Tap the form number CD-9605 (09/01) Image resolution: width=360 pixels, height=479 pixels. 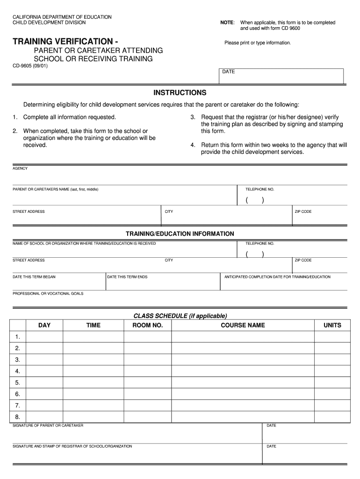pyautogui.click(x=30, y=66)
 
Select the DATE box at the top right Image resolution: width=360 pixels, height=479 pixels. pyautogui.click(x=281, y=76)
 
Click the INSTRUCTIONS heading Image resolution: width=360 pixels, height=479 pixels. pyautogui.click(x=180, y=93)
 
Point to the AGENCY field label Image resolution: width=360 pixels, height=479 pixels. pyautogui.click(x=20, y=168)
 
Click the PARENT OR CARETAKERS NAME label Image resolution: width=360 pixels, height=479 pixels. pyautogui.click(x=55, y=189)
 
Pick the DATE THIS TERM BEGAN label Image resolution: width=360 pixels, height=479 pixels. pyautogui.click(x=34, y=277)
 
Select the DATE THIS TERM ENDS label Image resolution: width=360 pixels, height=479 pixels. pyautogui.click(x=127, y=277)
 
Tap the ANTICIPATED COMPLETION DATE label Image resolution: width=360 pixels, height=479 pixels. pyautogui.click(x=277, y=277)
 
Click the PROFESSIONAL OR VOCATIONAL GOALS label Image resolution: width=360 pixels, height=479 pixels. pyautogui.click(x=48, y=293)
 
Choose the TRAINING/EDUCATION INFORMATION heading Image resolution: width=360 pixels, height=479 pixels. pyautogui.click(x=180, y=233)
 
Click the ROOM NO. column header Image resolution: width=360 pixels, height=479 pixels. pyautogui.click(x=148, y=325)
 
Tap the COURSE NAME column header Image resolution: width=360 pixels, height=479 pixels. pyautogui.click(x=243, y=325)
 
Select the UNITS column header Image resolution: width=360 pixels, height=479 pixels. pyautogui.click(x=332, y=325)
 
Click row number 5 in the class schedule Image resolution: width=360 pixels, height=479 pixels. pyautogui.click(x=17, y=383)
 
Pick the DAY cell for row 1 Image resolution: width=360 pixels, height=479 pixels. pyautogui.click(x=44, y=337)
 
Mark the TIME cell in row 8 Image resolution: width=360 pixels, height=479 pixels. pyautogui.click(x=93, y=417)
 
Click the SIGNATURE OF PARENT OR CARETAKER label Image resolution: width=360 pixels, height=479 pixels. pyautogui.click(x=48, y=425)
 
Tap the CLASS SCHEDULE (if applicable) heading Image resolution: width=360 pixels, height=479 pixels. pyautogui.click(x=180, y=316)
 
